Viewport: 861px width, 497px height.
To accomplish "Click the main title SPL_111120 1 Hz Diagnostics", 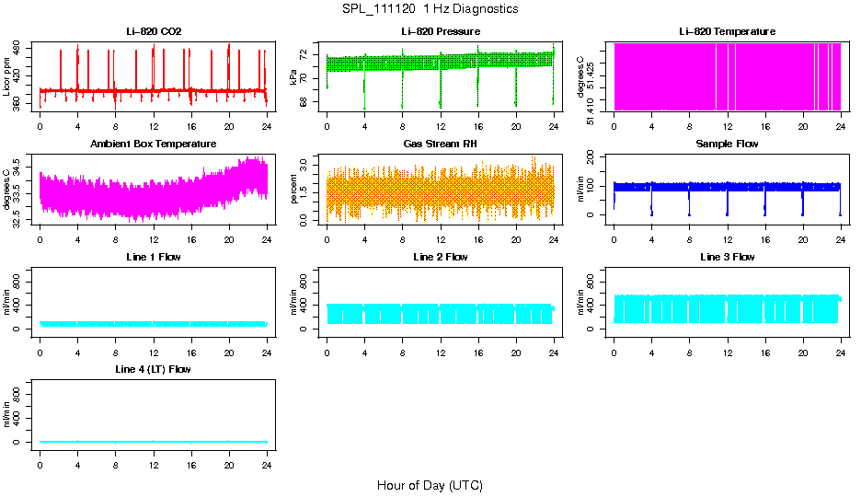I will point(430,9).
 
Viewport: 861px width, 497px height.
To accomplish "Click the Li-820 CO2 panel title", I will point(154,32).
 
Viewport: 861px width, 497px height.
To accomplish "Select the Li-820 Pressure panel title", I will point(440,32).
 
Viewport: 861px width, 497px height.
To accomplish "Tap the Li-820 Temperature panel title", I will point(727,32).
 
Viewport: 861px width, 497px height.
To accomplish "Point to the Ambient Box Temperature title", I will point(154,144).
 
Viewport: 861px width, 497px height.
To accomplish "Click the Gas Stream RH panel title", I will point(440,144).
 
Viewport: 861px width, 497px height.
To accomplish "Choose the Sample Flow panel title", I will point(727,144).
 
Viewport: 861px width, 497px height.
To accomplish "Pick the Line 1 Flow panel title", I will point(154,257).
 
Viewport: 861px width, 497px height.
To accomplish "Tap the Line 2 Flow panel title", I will point(440,257).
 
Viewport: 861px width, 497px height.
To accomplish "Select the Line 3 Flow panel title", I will point(727,257).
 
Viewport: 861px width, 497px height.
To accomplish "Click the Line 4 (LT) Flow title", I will point(154,369).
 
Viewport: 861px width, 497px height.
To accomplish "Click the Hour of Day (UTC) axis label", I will point(430,485).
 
